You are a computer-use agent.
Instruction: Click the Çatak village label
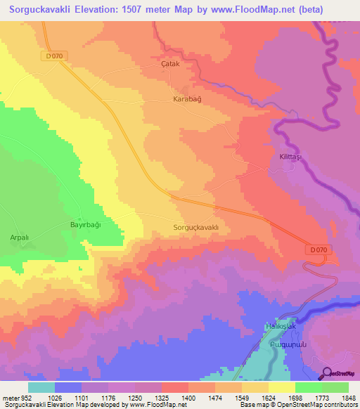(171, 63)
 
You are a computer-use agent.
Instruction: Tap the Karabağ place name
(187, 100)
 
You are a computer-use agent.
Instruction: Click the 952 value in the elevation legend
(25, 397)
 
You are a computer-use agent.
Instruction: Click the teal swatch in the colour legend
(41, 387)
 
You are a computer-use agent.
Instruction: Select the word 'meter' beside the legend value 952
(9, 397)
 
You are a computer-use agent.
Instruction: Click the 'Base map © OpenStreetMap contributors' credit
(298, 405)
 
